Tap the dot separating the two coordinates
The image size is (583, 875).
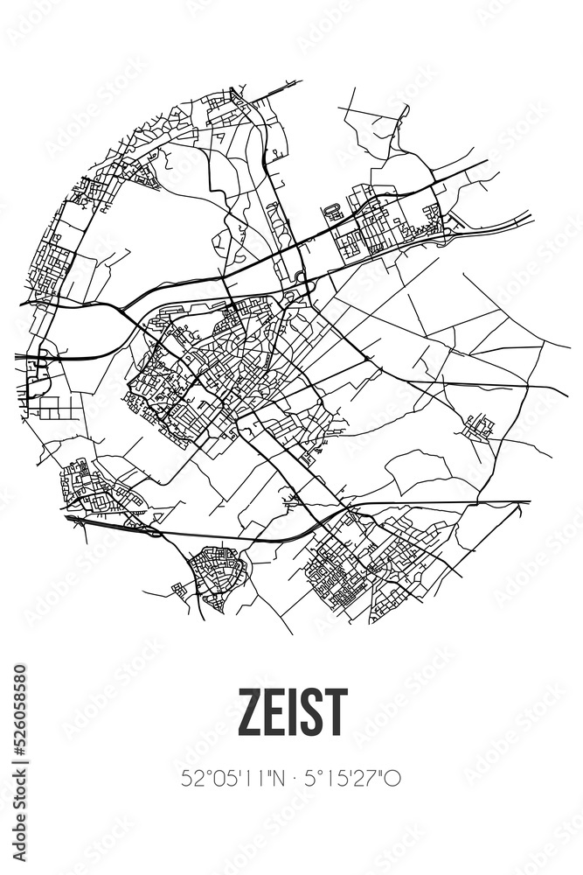tap(292, 777)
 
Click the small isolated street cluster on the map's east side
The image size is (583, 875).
tap(479, 426)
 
